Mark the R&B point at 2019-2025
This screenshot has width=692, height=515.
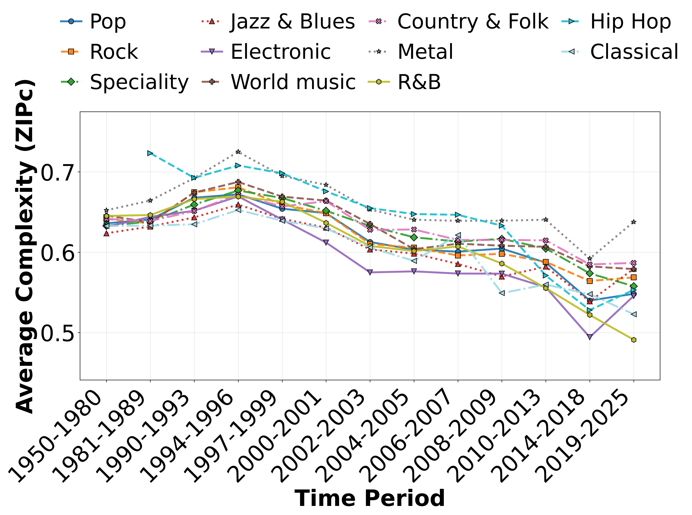[x=633, y=340]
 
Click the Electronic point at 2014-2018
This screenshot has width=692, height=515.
[x=589, y=337]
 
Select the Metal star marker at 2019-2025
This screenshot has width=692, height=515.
[x=633, y=222]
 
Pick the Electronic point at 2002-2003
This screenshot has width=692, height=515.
[x=370, y=272]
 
